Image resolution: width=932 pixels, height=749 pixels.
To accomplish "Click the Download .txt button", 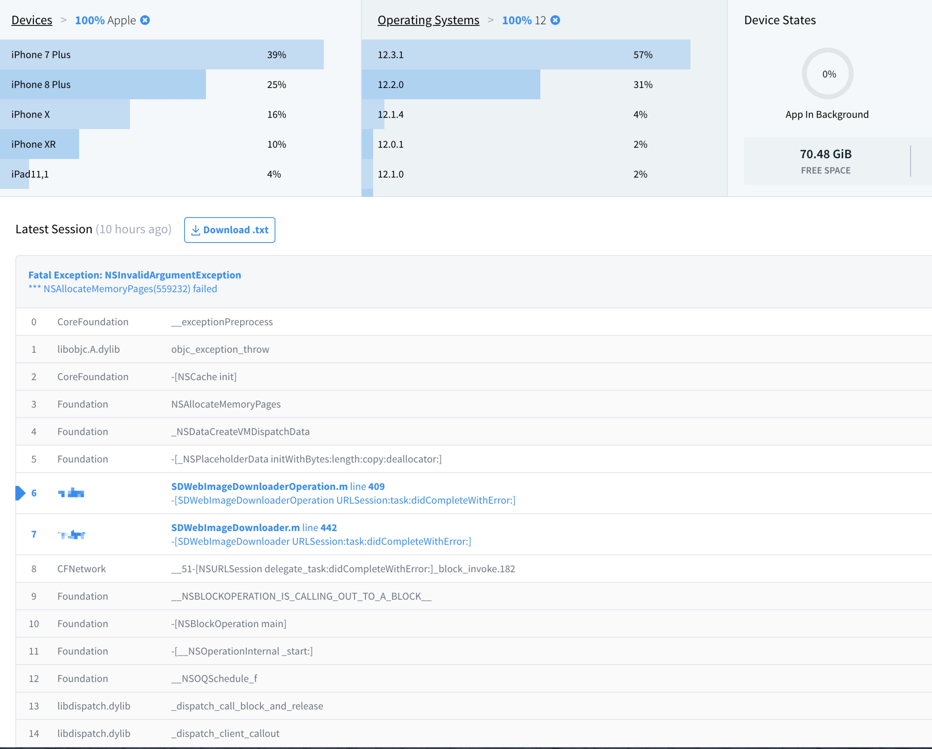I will click(230, 230).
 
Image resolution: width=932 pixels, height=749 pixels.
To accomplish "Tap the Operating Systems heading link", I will click(428, 20).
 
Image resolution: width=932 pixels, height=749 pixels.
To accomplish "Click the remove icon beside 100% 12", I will click(555, 20).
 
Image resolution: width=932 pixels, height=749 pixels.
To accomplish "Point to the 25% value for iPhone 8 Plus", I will click(276, 85).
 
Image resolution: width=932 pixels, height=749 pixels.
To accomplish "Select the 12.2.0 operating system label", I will click(390, 85).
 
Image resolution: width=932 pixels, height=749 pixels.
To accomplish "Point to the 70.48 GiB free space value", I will click(825, 154).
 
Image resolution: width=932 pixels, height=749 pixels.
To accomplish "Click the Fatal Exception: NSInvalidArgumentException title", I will click(134, 275).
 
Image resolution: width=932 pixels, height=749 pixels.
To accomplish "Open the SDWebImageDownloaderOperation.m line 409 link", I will click(278, 486).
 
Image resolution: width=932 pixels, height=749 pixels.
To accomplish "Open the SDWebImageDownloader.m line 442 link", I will click(254, 527).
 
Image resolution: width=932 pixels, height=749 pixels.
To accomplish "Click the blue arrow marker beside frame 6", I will click(20, 493).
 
